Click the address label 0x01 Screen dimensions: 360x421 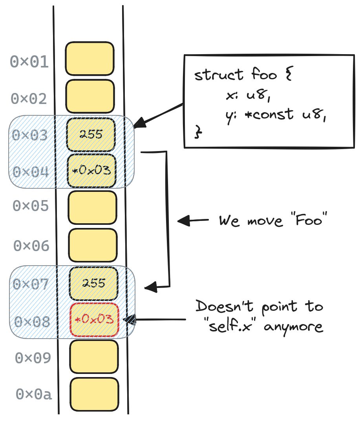pyautogui.click(x=29, y=62)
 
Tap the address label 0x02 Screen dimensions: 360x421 pyautogui.click(x=29, y=99)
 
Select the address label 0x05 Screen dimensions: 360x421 pyautogui.click(x=31, y=206)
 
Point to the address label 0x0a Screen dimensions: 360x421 pyautogui.click(x=34, y=394)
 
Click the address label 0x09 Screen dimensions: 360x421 pyautogui.click(x=33, y=358)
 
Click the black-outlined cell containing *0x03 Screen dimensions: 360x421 pyautogui.click(x=91, y=171)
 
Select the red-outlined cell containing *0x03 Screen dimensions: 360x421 pyautogui.click(x=94, y=320)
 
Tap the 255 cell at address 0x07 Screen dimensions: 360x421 pyautogui.click(x=93, y=284)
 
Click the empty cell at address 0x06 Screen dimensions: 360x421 pyautogui.click(x=93, y=245)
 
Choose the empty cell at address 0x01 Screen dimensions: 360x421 pyautogui.click(x=90, y=58)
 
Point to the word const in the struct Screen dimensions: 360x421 pyautogui.click(x=273, y=115)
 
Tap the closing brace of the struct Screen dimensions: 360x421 pyautogui.click(x=198, y=132)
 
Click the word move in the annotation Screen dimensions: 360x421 pyautogui.click(x=265, y=221)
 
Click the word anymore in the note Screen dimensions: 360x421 pyautogui.click(x=293, y=327)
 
